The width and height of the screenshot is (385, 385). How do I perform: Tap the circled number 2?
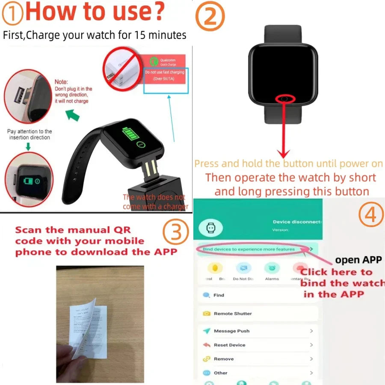click(x=210, y=16)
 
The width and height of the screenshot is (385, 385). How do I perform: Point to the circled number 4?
click(x=370, y=216)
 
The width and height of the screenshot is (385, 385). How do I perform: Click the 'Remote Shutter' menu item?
click(x=233, y=314)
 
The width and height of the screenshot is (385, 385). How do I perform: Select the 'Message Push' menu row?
click(x=231, y=331)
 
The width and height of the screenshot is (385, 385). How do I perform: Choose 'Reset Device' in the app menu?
click(x=229, y=345)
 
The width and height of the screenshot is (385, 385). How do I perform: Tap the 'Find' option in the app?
click(x=219, y=295)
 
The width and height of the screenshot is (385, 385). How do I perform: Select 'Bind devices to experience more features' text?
click(x=249, y=249)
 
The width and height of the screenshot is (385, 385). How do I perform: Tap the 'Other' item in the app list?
click(x=220, y=373)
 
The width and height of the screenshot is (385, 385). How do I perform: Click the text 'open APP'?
click(x=358, y=260)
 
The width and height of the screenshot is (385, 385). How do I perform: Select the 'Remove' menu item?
click(x=224, y=359)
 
